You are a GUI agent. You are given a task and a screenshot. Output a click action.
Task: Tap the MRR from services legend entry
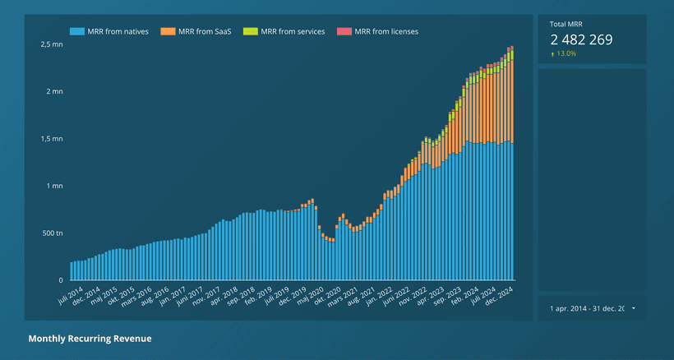(293, 31)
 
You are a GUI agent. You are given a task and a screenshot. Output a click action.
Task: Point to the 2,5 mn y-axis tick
(52, 44)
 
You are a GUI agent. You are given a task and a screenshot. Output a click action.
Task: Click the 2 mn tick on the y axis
(55, 91)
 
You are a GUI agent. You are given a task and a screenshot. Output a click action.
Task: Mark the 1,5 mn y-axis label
(52, 139)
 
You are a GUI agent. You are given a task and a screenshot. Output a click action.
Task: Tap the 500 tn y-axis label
(52, 233)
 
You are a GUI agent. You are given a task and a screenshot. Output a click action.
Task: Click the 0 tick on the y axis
(60, 280)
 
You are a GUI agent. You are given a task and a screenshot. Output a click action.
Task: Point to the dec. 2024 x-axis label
(501, 295)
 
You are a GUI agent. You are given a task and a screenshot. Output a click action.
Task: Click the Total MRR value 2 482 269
(581, 39)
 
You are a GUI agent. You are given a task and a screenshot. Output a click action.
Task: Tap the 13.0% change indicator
(566, 53)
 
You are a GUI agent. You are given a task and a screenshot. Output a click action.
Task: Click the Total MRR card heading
(566, 25)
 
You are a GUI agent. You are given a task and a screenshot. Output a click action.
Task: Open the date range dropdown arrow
(634, 308)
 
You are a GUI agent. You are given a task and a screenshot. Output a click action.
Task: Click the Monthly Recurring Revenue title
(90, 339)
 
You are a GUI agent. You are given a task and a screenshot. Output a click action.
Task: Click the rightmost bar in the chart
(512, 164)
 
